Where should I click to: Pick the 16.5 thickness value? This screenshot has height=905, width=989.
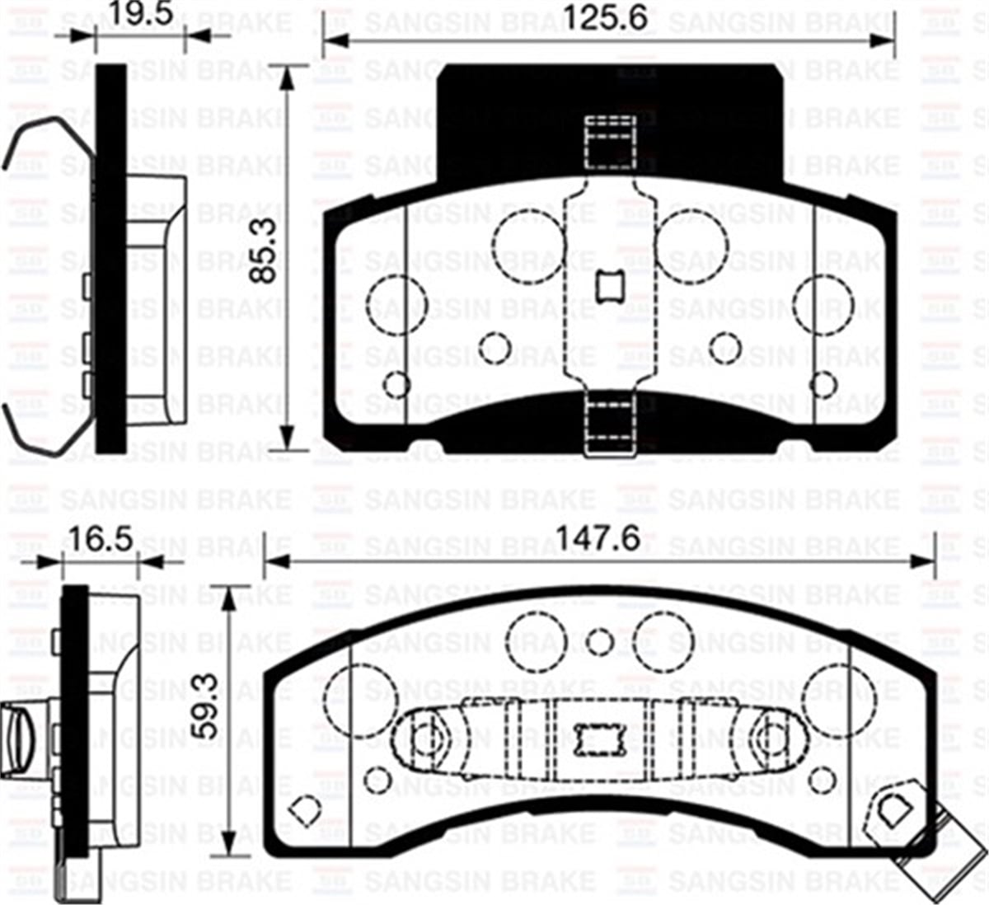click(x=101, y=541)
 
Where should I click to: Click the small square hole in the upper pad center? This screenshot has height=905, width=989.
click(x=610, y=286)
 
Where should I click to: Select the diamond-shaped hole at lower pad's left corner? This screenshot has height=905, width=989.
click(x=305, y=811)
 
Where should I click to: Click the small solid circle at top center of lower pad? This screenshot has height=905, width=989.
click(x=601, y=641)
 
